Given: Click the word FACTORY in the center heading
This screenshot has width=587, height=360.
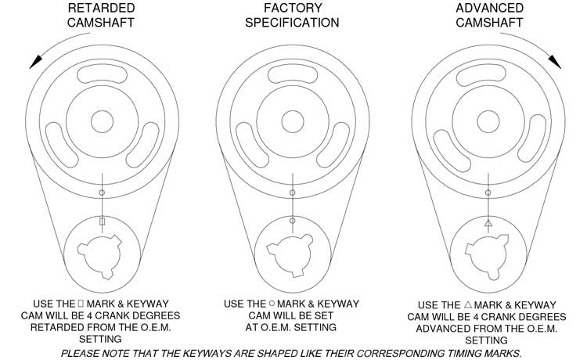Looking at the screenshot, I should click(x=292, y=8).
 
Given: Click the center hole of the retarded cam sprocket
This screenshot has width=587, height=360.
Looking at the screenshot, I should click(x=102, y=121).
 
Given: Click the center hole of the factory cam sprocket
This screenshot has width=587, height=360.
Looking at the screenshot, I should click(x=292, y=121).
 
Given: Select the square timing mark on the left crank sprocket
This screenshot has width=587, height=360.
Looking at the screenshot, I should click(x=102, y=221).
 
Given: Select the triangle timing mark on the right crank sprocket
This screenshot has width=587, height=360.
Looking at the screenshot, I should click(x=488, y=224).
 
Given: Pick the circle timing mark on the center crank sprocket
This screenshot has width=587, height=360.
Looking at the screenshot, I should click(x=292, y=221).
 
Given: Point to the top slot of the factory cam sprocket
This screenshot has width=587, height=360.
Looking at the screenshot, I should click(x=292, y=76).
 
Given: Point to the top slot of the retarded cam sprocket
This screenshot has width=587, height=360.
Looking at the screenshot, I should click(x=102, y=76).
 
